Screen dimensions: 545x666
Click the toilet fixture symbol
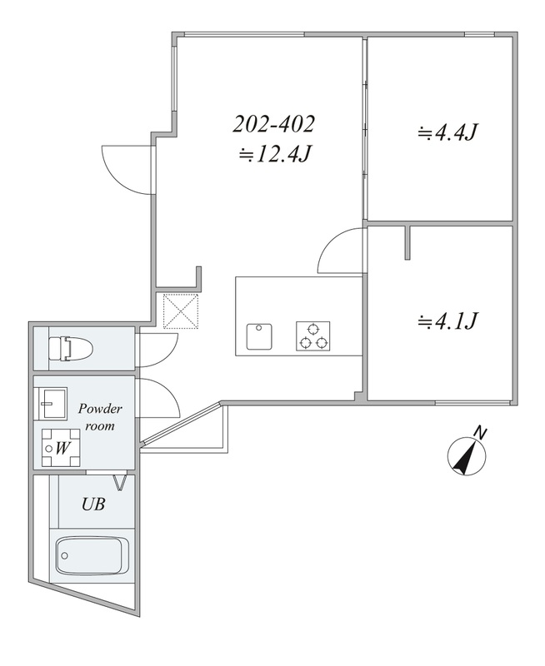(71, 349)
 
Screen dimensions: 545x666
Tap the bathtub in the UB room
(92, 555)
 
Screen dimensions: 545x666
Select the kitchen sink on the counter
(259, 337)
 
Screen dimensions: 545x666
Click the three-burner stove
(313, 336)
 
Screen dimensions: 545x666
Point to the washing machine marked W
(62, 448)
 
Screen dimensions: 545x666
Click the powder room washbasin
(52, 403)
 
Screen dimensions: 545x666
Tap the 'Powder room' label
(100, 417)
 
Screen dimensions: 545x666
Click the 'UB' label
(93, 504)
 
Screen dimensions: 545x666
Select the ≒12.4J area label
(275, 155)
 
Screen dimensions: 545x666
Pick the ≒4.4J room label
(447, 133)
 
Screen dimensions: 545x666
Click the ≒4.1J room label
(447, 321)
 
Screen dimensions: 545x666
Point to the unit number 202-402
(274, 124)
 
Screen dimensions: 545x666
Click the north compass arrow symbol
(467, 457)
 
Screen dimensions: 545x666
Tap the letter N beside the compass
(480, 433)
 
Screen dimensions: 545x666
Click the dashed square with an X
(181, 311)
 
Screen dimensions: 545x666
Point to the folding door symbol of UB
(120, 483)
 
